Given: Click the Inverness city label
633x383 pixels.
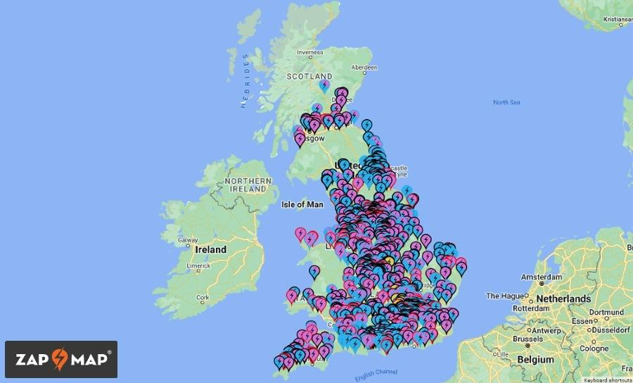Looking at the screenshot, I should (x=310, y=52).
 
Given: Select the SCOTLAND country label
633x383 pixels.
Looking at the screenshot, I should (x=309, y=76).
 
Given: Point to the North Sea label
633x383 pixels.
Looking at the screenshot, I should (x=506, y=103).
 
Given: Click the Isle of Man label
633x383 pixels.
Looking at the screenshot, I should (x=302, y=205).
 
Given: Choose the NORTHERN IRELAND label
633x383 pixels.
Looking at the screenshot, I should (x=248, y=185).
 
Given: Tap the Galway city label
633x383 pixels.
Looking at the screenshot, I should (x=188, y=240).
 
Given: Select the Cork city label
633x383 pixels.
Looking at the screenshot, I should (x=203, y=298).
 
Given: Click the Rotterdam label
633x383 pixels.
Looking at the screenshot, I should (x=532, y=308).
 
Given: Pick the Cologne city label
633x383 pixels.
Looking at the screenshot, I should (x=594, y=349).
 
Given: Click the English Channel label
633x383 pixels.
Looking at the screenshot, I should (x=376, y=375).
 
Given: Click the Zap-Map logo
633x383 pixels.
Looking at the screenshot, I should (x=61, y=359).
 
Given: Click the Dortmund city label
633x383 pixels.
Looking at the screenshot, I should (x=606, y=312).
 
